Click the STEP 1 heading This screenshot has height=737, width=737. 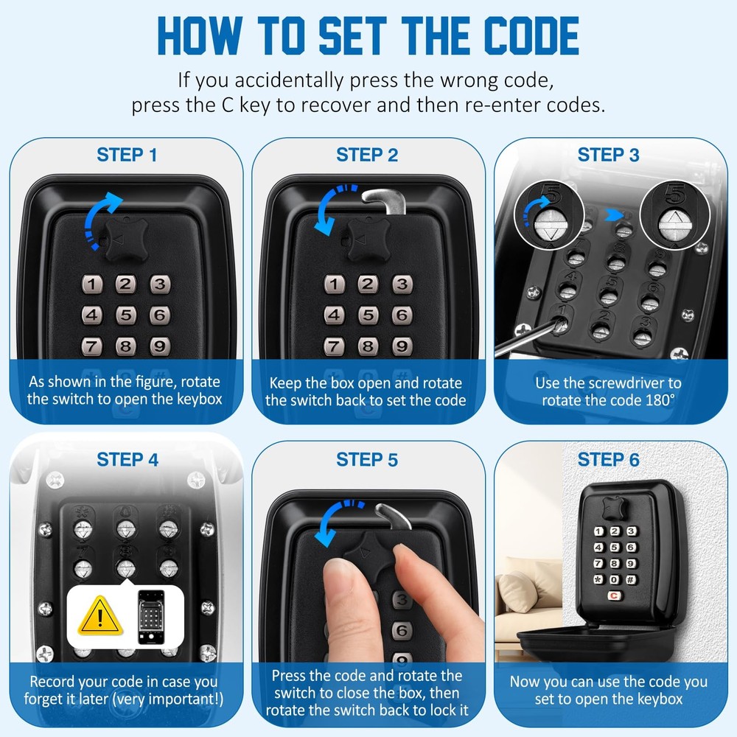coord(127,155)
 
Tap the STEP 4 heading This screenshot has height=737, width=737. coord(127,460)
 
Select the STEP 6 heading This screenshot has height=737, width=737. coord(609,460)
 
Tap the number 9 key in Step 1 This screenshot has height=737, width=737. coord(158,346)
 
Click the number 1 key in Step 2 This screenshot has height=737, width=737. coord(335,284)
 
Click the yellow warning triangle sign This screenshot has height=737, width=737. coord(100,618)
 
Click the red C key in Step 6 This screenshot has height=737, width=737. coord(613,598)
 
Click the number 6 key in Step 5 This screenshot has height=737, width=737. coord(401,630)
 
